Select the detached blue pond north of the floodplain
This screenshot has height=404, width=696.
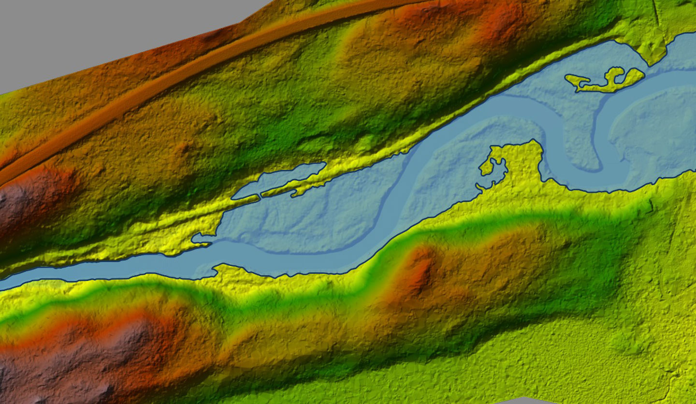[x=280, y=181]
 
